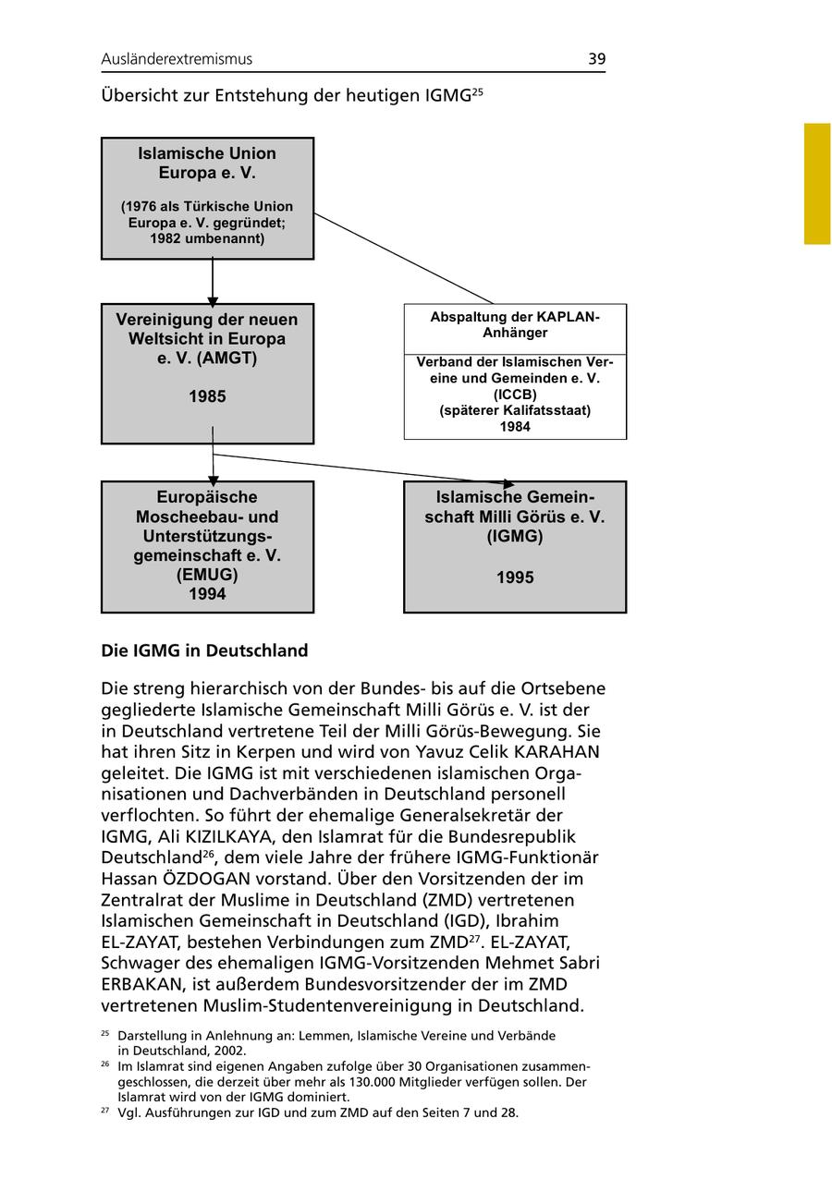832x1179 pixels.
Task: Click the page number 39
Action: [596, 59]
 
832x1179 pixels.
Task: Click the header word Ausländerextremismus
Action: [177, 59]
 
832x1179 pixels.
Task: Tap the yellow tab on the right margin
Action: [817, 184]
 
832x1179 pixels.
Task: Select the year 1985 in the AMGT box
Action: [207, 397]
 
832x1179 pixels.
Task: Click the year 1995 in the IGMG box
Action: [515, 578]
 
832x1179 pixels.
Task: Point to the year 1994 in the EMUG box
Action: [207, 594]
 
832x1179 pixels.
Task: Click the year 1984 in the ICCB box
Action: [515, 427]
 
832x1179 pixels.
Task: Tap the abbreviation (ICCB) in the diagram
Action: [515, 394]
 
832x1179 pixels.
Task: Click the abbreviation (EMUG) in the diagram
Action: [207, 575]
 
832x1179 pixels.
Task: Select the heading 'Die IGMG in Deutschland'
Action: [204, 651]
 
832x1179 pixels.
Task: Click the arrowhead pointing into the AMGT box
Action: [213, 300]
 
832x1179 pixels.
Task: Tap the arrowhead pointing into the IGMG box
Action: [508, 483]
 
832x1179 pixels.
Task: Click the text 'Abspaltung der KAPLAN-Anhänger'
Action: [515, 324]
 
